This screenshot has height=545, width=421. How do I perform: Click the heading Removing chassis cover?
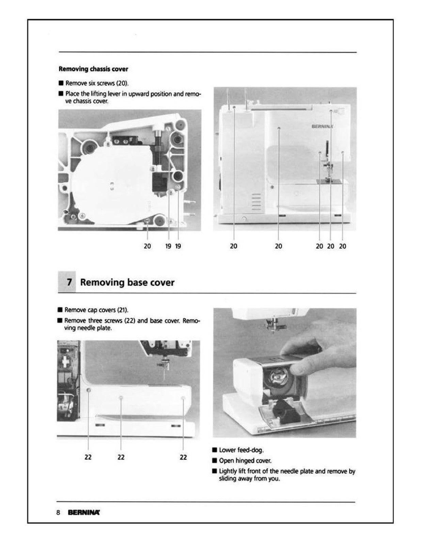(93, 69)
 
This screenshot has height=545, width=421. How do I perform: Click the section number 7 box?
(67, 282)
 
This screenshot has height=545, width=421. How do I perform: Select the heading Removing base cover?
(127, 282)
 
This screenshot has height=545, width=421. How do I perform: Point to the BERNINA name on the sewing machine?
(322, 126)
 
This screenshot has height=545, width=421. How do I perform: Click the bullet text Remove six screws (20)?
(97, 83)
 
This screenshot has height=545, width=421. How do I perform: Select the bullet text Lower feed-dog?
(241, 450)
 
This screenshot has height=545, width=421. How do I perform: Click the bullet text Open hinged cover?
(245, 461)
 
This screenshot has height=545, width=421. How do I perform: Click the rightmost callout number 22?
(183, 457)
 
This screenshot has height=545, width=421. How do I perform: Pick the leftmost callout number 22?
(88, 457)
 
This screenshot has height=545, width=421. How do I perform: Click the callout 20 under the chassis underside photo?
(147, 246)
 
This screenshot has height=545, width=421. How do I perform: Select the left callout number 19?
(168, 246)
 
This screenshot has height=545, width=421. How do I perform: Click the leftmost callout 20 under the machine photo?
(234, 246)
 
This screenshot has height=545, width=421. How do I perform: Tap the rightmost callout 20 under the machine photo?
(343, 246)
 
